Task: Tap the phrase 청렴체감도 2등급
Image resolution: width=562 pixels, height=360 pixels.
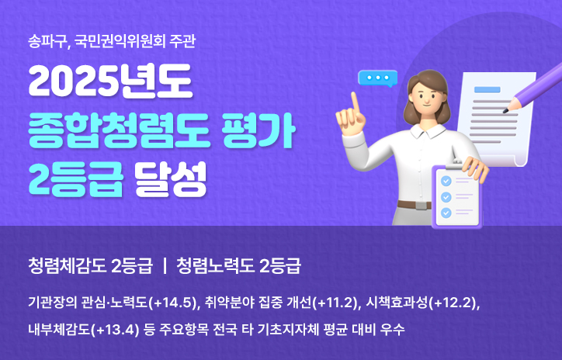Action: click(88, 265)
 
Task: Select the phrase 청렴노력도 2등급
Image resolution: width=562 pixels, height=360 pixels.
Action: click(238, 265)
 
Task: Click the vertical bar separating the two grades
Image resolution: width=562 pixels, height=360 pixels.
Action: click(165, 265)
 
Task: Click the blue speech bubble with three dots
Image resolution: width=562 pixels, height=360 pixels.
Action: click(376, 78)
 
